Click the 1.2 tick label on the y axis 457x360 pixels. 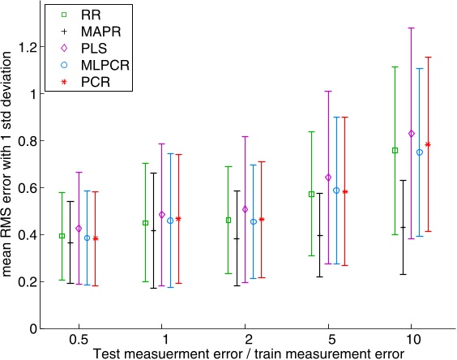(28, 47)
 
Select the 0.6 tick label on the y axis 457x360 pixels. (28, 188)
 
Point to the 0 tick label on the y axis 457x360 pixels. (32, 329)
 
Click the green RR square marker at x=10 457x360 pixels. (395, 150)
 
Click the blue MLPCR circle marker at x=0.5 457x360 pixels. (87, 238)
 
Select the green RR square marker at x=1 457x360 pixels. (145, 222)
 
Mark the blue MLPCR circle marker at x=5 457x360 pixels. (336, 190)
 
